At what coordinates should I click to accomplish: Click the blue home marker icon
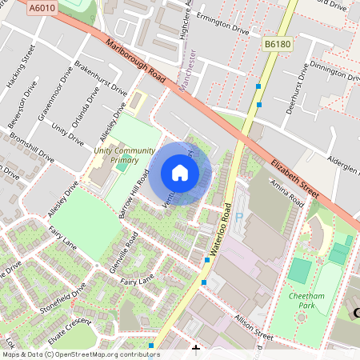tap(180, 173)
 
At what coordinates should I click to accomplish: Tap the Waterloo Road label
tap(222, 233)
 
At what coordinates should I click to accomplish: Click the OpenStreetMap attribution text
tap(81, 354)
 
